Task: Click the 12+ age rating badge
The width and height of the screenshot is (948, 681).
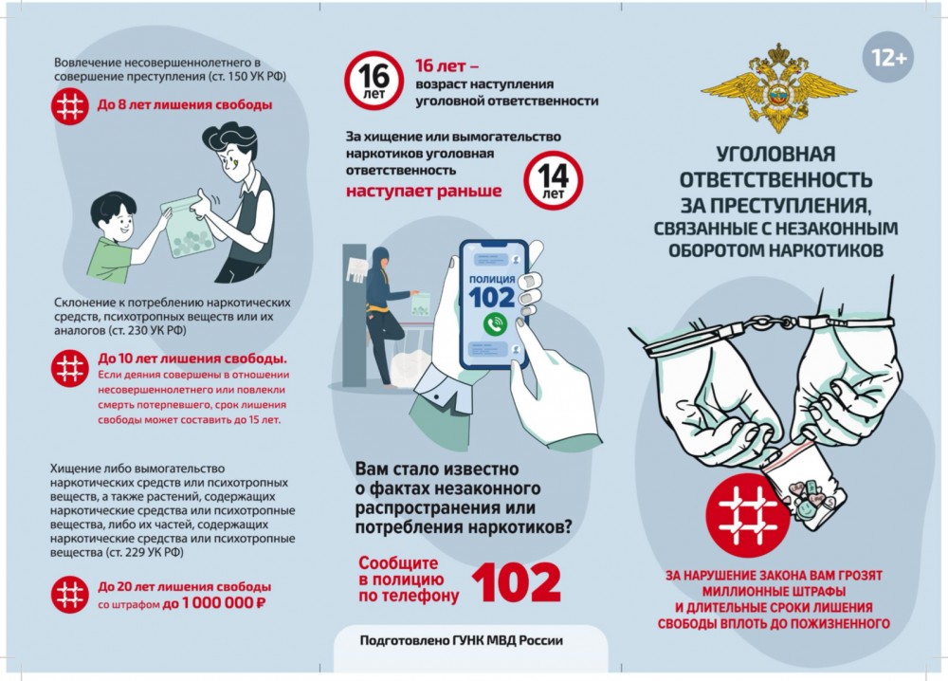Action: point(887,58)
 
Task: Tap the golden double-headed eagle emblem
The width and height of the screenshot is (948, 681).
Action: point(778,87)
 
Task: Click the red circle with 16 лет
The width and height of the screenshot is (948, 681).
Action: point(374,81)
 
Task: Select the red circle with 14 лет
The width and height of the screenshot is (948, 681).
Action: point(553,180)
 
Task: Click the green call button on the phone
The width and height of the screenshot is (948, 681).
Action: point(495,324)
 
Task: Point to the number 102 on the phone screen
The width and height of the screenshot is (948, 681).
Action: point(492,298)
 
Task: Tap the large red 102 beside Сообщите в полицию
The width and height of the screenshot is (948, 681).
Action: point(517,582)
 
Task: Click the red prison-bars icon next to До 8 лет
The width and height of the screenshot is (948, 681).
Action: point(70,107)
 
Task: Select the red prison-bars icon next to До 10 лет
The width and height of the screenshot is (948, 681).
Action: point(70,368)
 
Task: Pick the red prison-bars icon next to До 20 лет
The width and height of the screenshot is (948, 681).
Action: point(70,595)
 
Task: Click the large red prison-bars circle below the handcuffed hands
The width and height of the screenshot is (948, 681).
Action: point(748,516)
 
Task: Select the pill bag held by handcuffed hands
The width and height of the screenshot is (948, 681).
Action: point(805,484)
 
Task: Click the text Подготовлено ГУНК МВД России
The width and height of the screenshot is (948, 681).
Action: point(462,640)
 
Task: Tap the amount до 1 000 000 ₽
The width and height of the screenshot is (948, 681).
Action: point(214,603)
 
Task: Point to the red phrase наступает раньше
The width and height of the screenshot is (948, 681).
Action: point(424,191)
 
